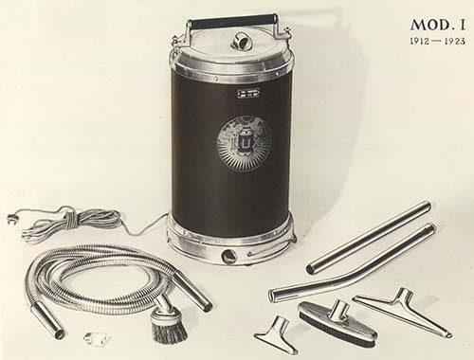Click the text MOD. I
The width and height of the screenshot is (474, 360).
pyautogui.click(x=438, y=25)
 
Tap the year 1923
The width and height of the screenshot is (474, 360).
pyautogui.click(x=455, y=41)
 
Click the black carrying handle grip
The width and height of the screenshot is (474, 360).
pyautogui.click(x=231, y=22)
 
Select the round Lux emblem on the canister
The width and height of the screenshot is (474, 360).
pyautogui.click(x=245, y=143)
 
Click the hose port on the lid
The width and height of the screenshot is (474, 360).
pyautogui.click(x=240, y=41)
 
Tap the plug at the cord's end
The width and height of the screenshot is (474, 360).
pyautogui.click(x=11, y=218)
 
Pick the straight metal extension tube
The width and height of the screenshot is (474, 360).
pyautogui.click(x=369, y=238)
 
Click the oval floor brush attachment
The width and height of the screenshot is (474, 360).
pyautogui.click(x=337, y=319)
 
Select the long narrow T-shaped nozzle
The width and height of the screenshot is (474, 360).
pyautogui.click(x=402, y=310)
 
